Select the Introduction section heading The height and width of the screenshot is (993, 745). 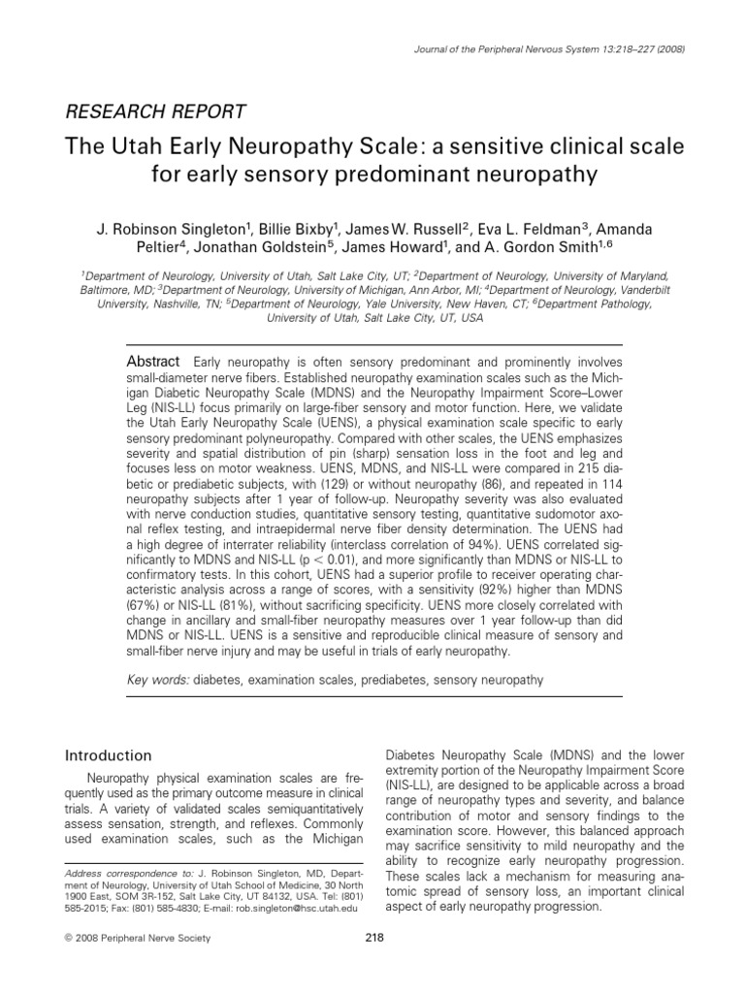coord(108,755)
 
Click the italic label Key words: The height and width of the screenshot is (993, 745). coord(159,681)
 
